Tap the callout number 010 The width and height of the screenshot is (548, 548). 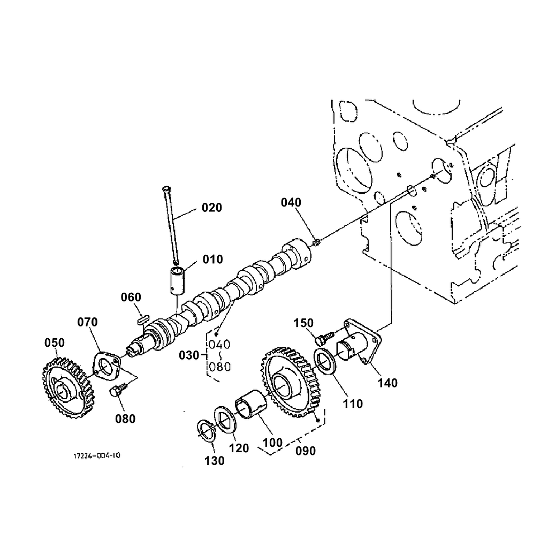212,260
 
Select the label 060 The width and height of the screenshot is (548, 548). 131,298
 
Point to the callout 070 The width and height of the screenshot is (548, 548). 87,322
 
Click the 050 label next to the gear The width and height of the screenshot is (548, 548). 54,342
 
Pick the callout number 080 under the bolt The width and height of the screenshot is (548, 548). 125,419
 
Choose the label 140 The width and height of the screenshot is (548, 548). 387,383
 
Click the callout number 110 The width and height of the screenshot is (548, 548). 353,404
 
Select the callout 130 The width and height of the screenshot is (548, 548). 215,461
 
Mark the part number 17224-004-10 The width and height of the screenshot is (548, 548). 97,456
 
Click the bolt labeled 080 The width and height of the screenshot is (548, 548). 117,390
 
